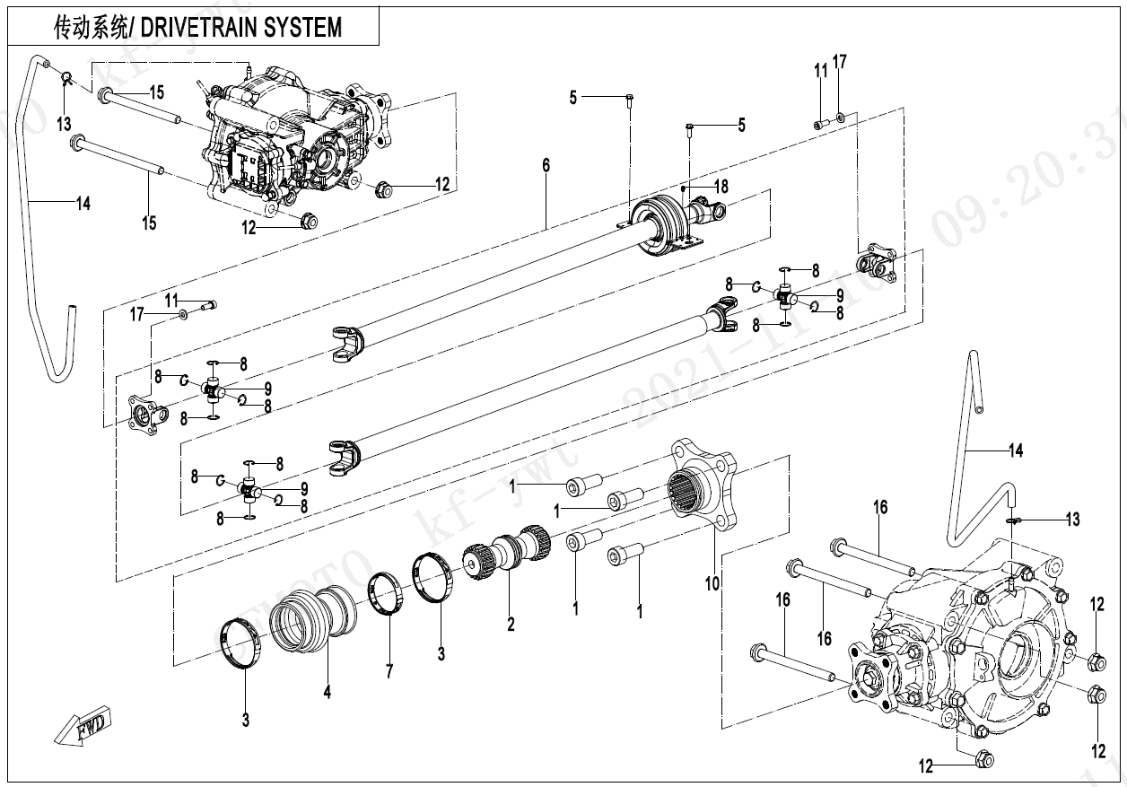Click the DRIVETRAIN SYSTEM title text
[x=197, y=27]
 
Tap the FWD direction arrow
[x=83, y=725]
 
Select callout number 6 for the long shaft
[x=546, y=165]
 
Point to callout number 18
[x=721, y=187]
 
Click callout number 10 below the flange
[x=712, y=584]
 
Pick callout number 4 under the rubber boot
[x=328, y=692]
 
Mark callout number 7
[x=389, y=669]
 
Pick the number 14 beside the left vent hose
[x=83, y=204]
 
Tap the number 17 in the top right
[x=839, y=63]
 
